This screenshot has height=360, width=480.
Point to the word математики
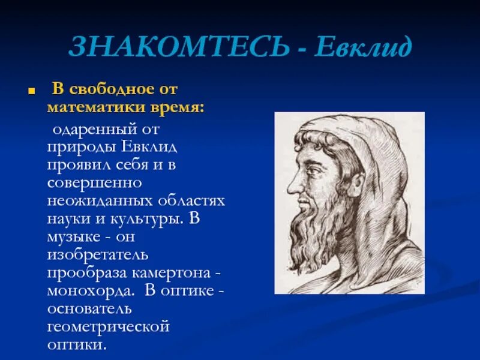point(90,107)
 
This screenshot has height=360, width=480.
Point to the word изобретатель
point(98,254)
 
